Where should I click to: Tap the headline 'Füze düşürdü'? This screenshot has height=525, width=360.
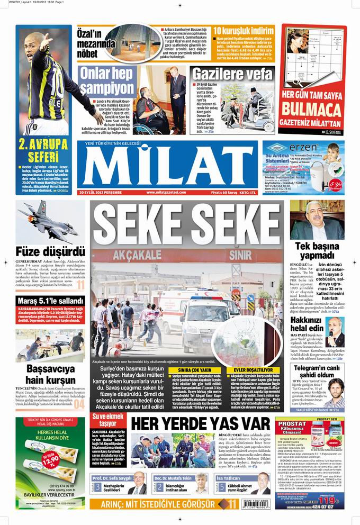pos(50,250)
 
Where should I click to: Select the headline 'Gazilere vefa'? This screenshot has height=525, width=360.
pos(232,74)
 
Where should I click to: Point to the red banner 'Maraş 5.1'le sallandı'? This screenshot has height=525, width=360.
pos(50,301)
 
